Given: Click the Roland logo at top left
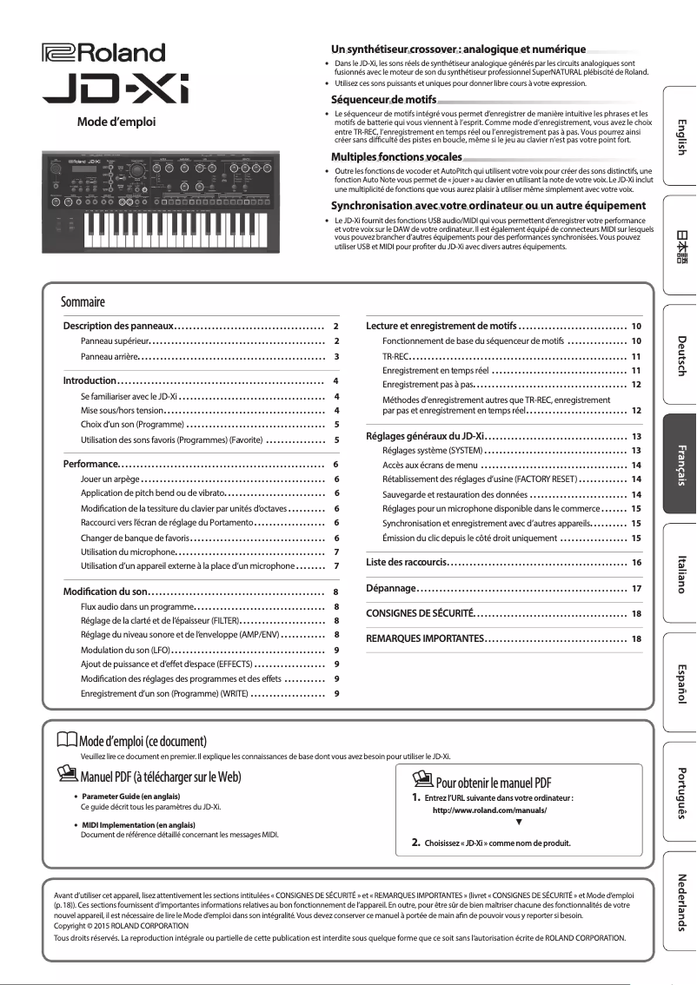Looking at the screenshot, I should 103,54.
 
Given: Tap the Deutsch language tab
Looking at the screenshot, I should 680,355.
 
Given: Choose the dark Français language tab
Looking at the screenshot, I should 680,464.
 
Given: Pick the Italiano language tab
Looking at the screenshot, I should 680,573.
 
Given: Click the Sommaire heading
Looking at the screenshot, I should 83,302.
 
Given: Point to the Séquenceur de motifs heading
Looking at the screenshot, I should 388,101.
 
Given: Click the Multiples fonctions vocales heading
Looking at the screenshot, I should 396,156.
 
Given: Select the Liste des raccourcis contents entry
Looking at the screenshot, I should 407,563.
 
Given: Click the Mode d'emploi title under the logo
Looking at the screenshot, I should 116,122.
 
